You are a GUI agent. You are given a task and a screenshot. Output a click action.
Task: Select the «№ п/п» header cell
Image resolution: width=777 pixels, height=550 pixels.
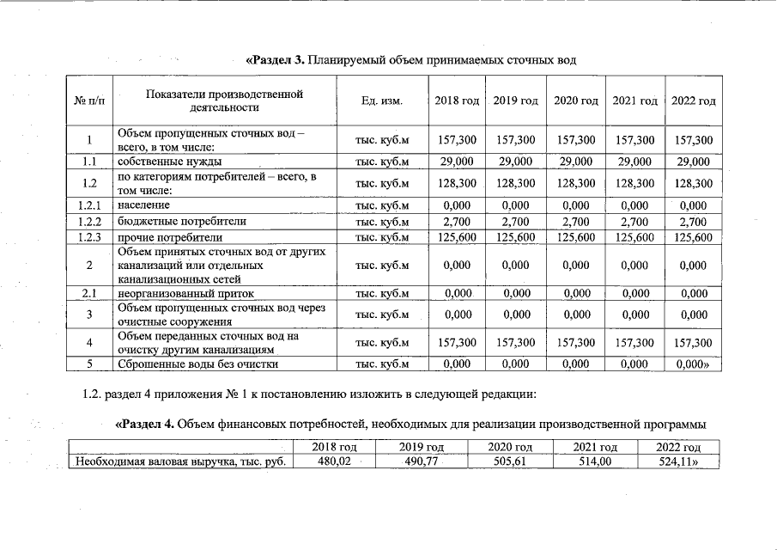[89, 101]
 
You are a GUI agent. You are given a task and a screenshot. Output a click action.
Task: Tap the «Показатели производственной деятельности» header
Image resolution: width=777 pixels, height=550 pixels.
[225, 101]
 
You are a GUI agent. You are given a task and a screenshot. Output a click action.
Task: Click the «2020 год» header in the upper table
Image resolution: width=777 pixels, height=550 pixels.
[575, 101]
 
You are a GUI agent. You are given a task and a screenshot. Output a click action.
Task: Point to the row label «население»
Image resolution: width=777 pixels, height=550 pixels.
[144, 205]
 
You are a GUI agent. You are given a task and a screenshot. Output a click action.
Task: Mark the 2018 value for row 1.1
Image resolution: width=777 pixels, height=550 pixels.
[457, 162]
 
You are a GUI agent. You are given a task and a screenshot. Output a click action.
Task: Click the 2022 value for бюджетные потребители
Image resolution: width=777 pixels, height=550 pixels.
[693, 222]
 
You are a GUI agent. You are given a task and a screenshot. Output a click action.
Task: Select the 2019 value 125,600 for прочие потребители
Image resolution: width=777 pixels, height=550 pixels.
[515, 237]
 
